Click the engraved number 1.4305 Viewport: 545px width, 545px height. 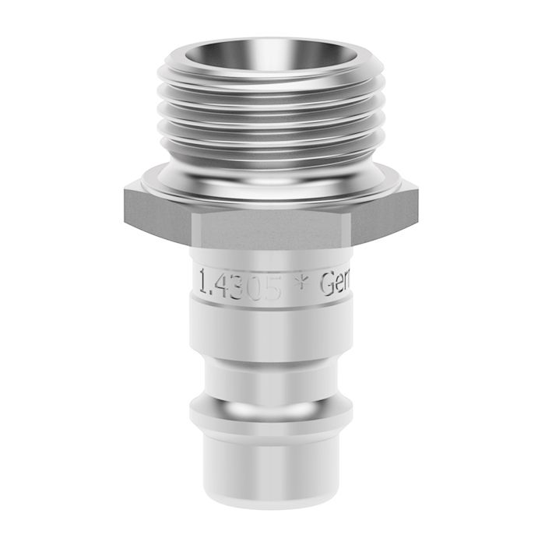[x=240, y=285]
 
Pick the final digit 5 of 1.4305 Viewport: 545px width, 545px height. [x=272, y=286]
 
